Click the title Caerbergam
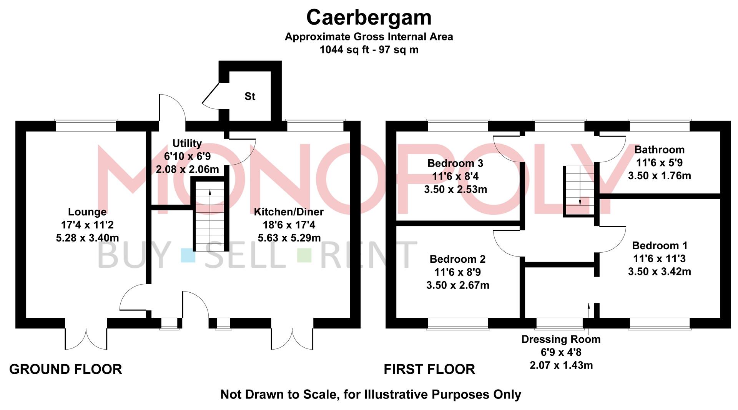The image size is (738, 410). [x=369, y=18]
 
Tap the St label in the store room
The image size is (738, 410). [x=250, y=96]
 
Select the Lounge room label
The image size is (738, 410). [x=87, y=212]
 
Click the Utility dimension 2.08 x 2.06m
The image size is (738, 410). [x=187, y=169]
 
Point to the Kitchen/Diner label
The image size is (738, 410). [x=289, y=212]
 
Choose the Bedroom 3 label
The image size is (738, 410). [x=455, y=163]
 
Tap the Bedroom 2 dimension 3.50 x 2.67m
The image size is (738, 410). [x=457, y=285]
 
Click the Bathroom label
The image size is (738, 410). [x=659, y=150]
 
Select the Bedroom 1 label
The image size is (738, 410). [x=660, y=246]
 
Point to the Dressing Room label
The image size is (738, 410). [x=561, y=340]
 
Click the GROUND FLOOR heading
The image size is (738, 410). [x=66, y=369]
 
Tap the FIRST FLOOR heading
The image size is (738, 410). [x=429, y=369]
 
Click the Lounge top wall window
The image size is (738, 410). [x=86, y=126]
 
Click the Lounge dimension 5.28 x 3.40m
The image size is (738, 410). [x=87, y=238]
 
